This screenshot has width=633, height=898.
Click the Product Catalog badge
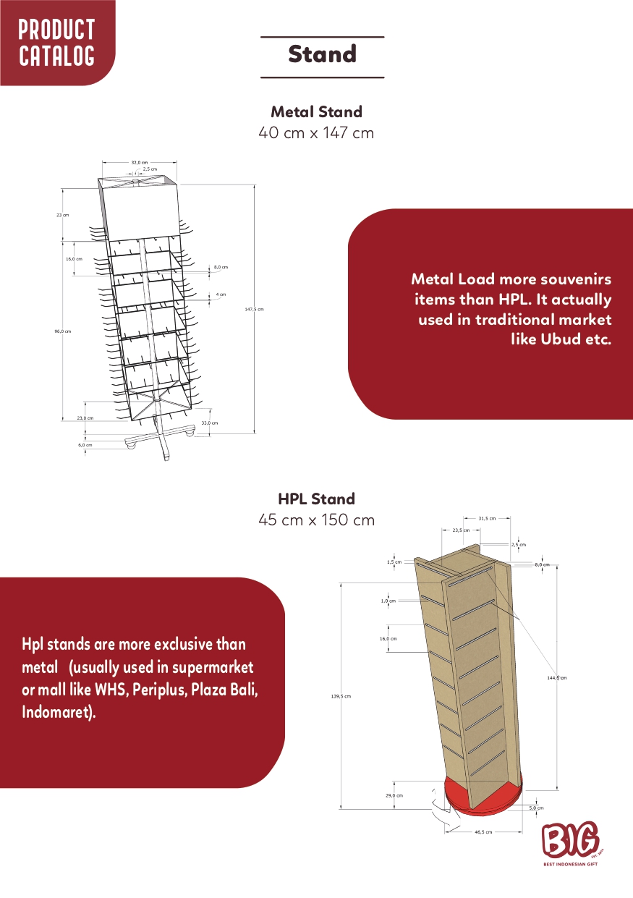(56, 42)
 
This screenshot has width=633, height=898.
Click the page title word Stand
(322, 54)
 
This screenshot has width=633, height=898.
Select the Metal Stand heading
(316, 112)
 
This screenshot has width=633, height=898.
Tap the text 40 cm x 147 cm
(316, 133)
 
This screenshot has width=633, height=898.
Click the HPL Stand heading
(316, 499)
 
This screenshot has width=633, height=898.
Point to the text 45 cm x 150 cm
(316, 520)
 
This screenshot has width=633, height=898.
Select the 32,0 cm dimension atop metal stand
(140, 163)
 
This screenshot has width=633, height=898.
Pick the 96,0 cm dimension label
(62, 331)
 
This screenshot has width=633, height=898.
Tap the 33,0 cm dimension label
(209, 423)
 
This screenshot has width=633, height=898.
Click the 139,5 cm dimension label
(341, 696)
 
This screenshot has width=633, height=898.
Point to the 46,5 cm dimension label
(483, 832)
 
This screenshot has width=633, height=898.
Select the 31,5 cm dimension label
(487, 518)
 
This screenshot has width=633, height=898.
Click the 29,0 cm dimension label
(394, 795)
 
